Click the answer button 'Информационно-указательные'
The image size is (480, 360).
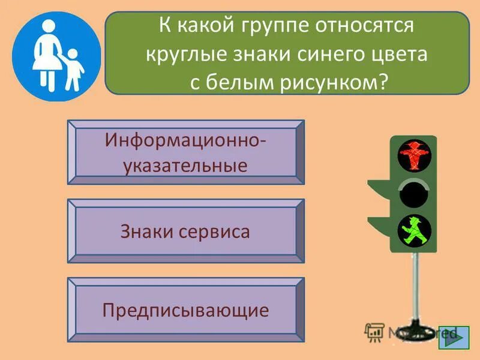click(x=185, y=152)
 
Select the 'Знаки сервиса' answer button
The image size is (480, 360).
click(x=185, y=231)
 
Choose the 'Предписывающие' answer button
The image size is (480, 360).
click(x=185, y=310)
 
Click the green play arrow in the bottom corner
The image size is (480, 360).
click(x=454, y=336)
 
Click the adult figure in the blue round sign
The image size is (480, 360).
click(x=46, y=56)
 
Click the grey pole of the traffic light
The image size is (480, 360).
click(x=414, y=288)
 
